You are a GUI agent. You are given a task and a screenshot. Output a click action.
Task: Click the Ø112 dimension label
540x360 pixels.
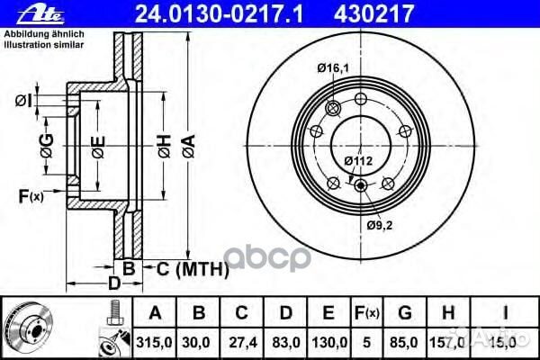pos(358,161)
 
